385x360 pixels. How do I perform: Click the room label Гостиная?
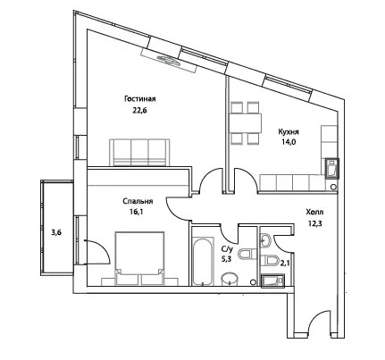(x=140, y=99)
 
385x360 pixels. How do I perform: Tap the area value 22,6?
(x=140, y=111)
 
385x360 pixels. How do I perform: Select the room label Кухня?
(x=289, y=131)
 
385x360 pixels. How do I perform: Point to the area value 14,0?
(x=289, y=142)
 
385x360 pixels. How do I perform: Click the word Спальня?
(x=138, y=201)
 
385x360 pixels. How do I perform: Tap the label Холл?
(x=314, y=213)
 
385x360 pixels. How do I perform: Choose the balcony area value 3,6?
(x=56, y=233)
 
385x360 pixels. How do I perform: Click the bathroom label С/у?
(x=226, y=248)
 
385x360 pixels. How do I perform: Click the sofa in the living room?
(x=140, y=152)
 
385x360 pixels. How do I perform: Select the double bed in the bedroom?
(x=139, y=258)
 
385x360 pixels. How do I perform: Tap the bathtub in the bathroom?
(x=203, y=261)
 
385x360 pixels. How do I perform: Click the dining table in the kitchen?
(x=245, y=123)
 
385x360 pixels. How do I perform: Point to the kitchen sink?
(x=332, y=168)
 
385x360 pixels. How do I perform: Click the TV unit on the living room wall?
(x=170, y=60)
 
